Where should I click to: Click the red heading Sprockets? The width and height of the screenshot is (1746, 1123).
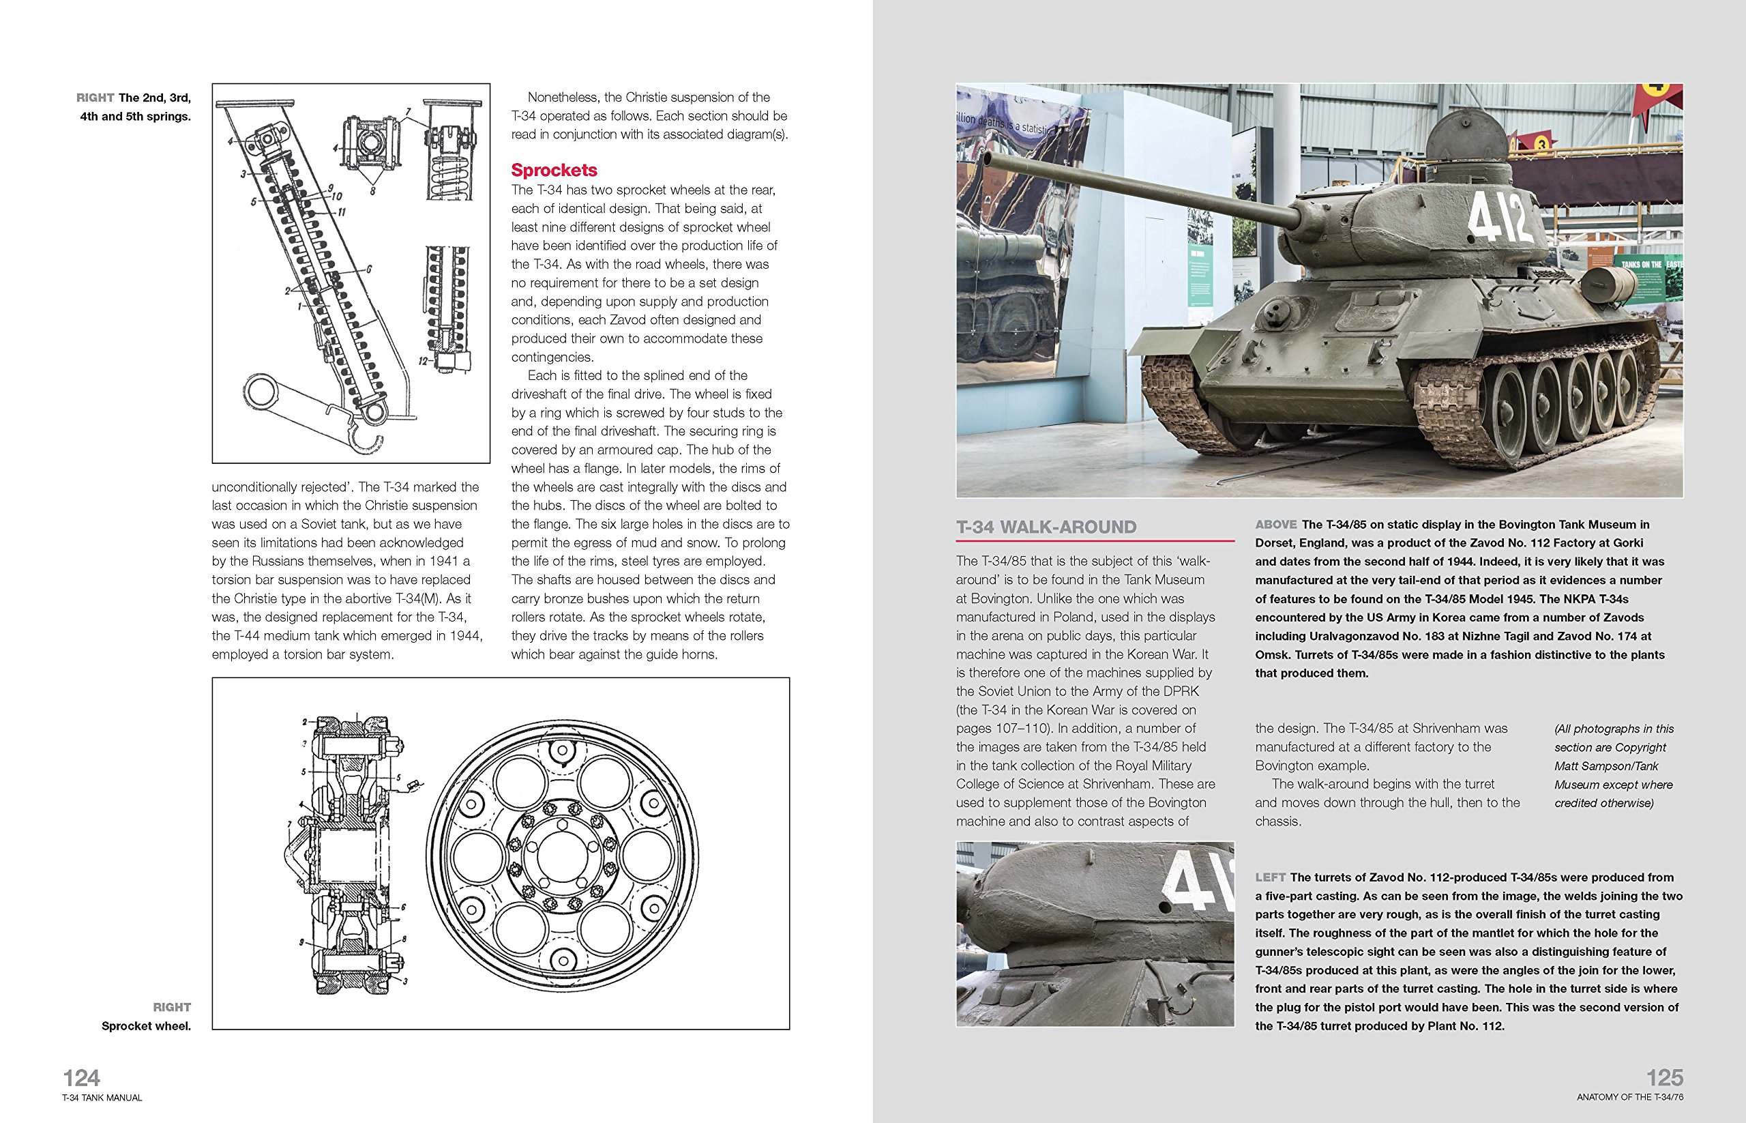pyautogui.click(x=554, y=170)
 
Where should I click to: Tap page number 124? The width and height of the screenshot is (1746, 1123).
pyautogui.click(x=82, y=1078)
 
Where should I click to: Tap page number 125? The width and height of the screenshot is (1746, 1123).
pyautogui.click(x=1664, y=1078)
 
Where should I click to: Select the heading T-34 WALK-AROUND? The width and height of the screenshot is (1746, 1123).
pyautogui.click(x=1046, y=527)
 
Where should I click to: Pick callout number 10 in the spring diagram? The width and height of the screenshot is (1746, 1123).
pyautogui.click(x=336, y=196)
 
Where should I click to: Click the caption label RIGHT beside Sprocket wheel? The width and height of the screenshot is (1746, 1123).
pyautogui.click(x=171, y=1007)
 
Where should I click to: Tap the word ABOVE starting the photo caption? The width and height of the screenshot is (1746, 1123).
pyautogui.click(x=1276, y=524)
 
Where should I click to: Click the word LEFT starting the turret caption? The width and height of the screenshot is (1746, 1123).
pyautogui.click(x=1270, y=877)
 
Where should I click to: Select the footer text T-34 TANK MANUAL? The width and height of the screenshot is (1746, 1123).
pyautogui.click(x=102, y=1098)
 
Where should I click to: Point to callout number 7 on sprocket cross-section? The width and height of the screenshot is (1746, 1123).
pyautogui.click(x=289, y=825)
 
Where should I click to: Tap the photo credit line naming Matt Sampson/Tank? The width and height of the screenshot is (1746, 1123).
pyautogui.click(x=1606, y=765)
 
